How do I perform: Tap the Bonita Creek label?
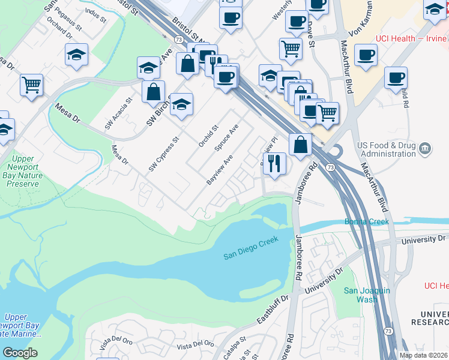pos(366,221)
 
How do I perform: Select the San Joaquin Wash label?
pos(367,295)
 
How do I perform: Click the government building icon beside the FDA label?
pos(425,148)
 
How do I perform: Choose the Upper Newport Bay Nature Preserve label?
pos(23,171)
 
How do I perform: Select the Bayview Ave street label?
pos(219,170)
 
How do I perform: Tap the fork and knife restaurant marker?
pos(274,163)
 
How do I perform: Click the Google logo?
pos(20,352)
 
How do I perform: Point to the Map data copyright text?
pos(423,355)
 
